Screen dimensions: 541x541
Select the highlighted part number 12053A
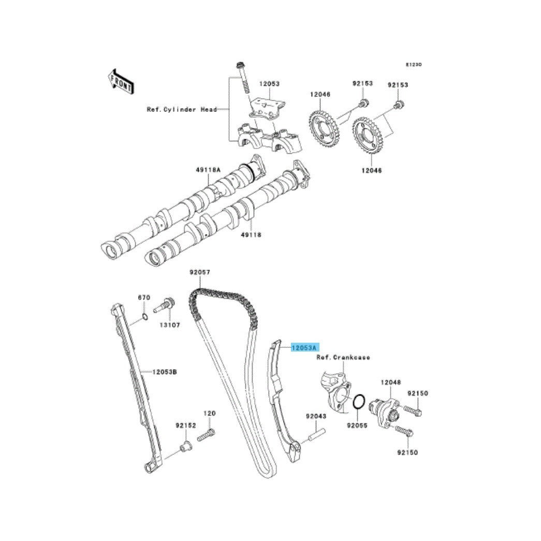[x=305, y=348]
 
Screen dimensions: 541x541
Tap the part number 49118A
[x=208, y=170]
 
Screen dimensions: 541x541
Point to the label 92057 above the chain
[x=200, y=272]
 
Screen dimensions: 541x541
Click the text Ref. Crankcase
[x=343, y=357]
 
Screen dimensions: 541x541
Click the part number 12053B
[x=165, y=371]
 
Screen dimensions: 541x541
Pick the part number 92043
[x=316, y=416]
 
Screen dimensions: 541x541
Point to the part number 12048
[x=391, y=382]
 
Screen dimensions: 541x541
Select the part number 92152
[x=185, y=425]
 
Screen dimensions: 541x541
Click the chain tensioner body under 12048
[x=384, y=410]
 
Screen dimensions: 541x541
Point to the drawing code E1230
[x=414, y=65]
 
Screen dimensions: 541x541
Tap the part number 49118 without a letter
[x=251, y=235]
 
